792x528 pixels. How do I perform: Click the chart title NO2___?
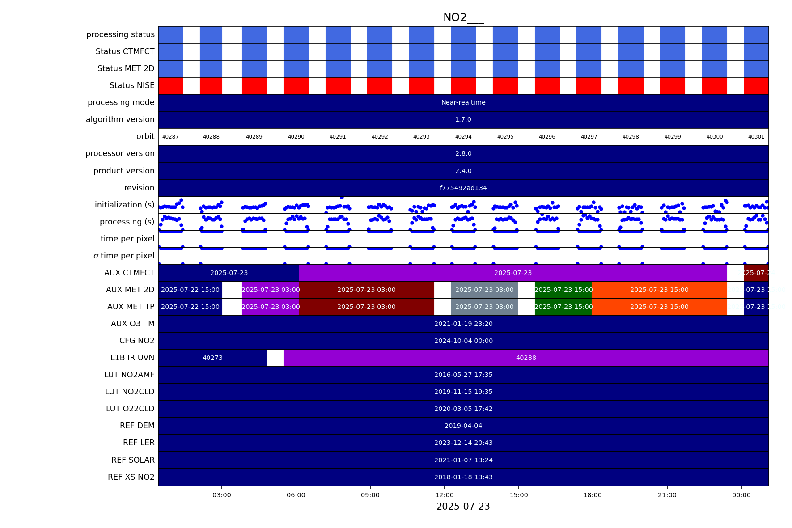[463, 17]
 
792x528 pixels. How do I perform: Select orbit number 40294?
[463, 137]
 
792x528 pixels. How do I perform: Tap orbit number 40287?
[170, 137]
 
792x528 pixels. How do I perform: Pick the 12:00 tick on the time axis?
[445, 495]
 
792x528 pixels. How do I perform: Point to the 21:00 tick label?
[667, 495]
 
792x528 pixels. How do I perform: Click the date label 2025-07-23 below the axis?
[463, 507]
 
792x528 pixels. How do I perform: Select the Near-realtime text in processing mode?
[463, 103]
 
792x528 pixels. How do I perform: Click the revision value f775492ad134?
[463, 188]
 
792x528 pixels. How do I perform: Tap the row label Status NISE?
[132, 85]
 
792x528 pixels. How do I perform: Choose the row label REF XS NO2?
[131, 477]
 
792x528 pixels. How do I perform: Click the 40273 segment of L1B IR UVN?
[212, 358]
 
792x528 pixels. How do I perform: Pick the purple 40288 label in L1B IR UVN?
[526, 358]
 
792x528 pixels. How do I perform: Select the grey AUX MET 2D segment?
[484, 290]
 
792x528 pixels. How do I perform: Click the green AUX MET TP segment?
[563, 307]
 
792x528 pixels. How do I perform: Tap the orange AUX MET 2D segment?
[659, 290]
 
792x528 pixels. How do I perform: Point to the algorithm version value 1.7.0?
[463, 120]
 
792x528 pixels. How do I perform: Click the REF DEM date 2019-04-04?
[463, 426]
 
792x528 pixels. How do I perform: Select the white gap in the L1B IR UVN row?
[275, 358]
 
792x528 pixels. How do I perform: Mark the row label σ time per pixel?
[124, 256]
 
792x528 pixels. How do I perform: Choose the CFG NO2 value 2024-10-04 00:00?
[463, 341]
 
